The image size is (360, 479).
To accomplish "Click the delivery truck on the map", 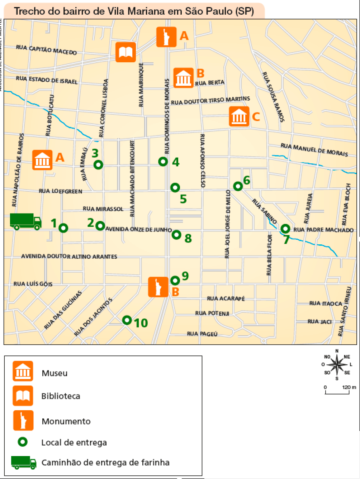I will click(x=25, y=221).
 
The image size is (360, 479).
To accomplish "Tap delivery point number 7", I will click(x=285, y=228).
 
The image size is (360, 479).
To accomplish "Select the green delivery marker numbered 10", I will click(x=127, y=320).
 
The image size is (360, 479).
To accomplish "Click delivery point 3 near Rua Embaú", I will click(x=98, y=164).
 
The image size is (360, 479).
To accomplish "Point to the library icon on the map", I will click(x=125, y=52).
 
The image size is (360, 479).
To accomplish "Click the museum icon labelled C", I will click(x=239, y=116).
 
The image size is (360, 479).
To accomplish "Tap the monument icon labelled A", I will click(x=166, y=37).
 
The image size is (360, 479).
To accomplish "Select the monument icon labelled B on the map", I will click(x=158, y=287).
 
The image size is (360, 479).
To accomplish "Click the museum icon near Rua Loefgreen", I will click(x=42, y=159).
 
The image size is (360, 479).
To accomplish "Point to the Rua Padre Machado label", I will click(x=323, y=230).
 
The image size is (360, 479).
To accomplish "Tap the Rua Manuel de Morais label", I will click(x=314, y=150).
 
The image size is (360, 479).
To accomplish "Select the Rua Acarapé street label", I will click(x=226, y=298).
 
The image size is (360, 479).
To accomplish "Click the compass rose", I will click(x=336, y=365).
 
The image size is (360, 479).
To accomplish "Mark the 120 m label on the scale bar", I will click(x=349, y=387).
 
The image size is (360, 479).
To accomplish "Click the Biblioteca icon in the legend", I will click(x=23, y=396).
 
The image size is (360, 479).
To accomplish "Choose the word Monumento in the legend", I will click(x=66, y=421).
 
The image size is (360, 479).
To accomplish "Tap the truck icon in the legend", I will click(x=24, y=462).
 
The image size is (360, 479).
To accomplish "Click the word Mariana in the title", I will click(x=143, y=11).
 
